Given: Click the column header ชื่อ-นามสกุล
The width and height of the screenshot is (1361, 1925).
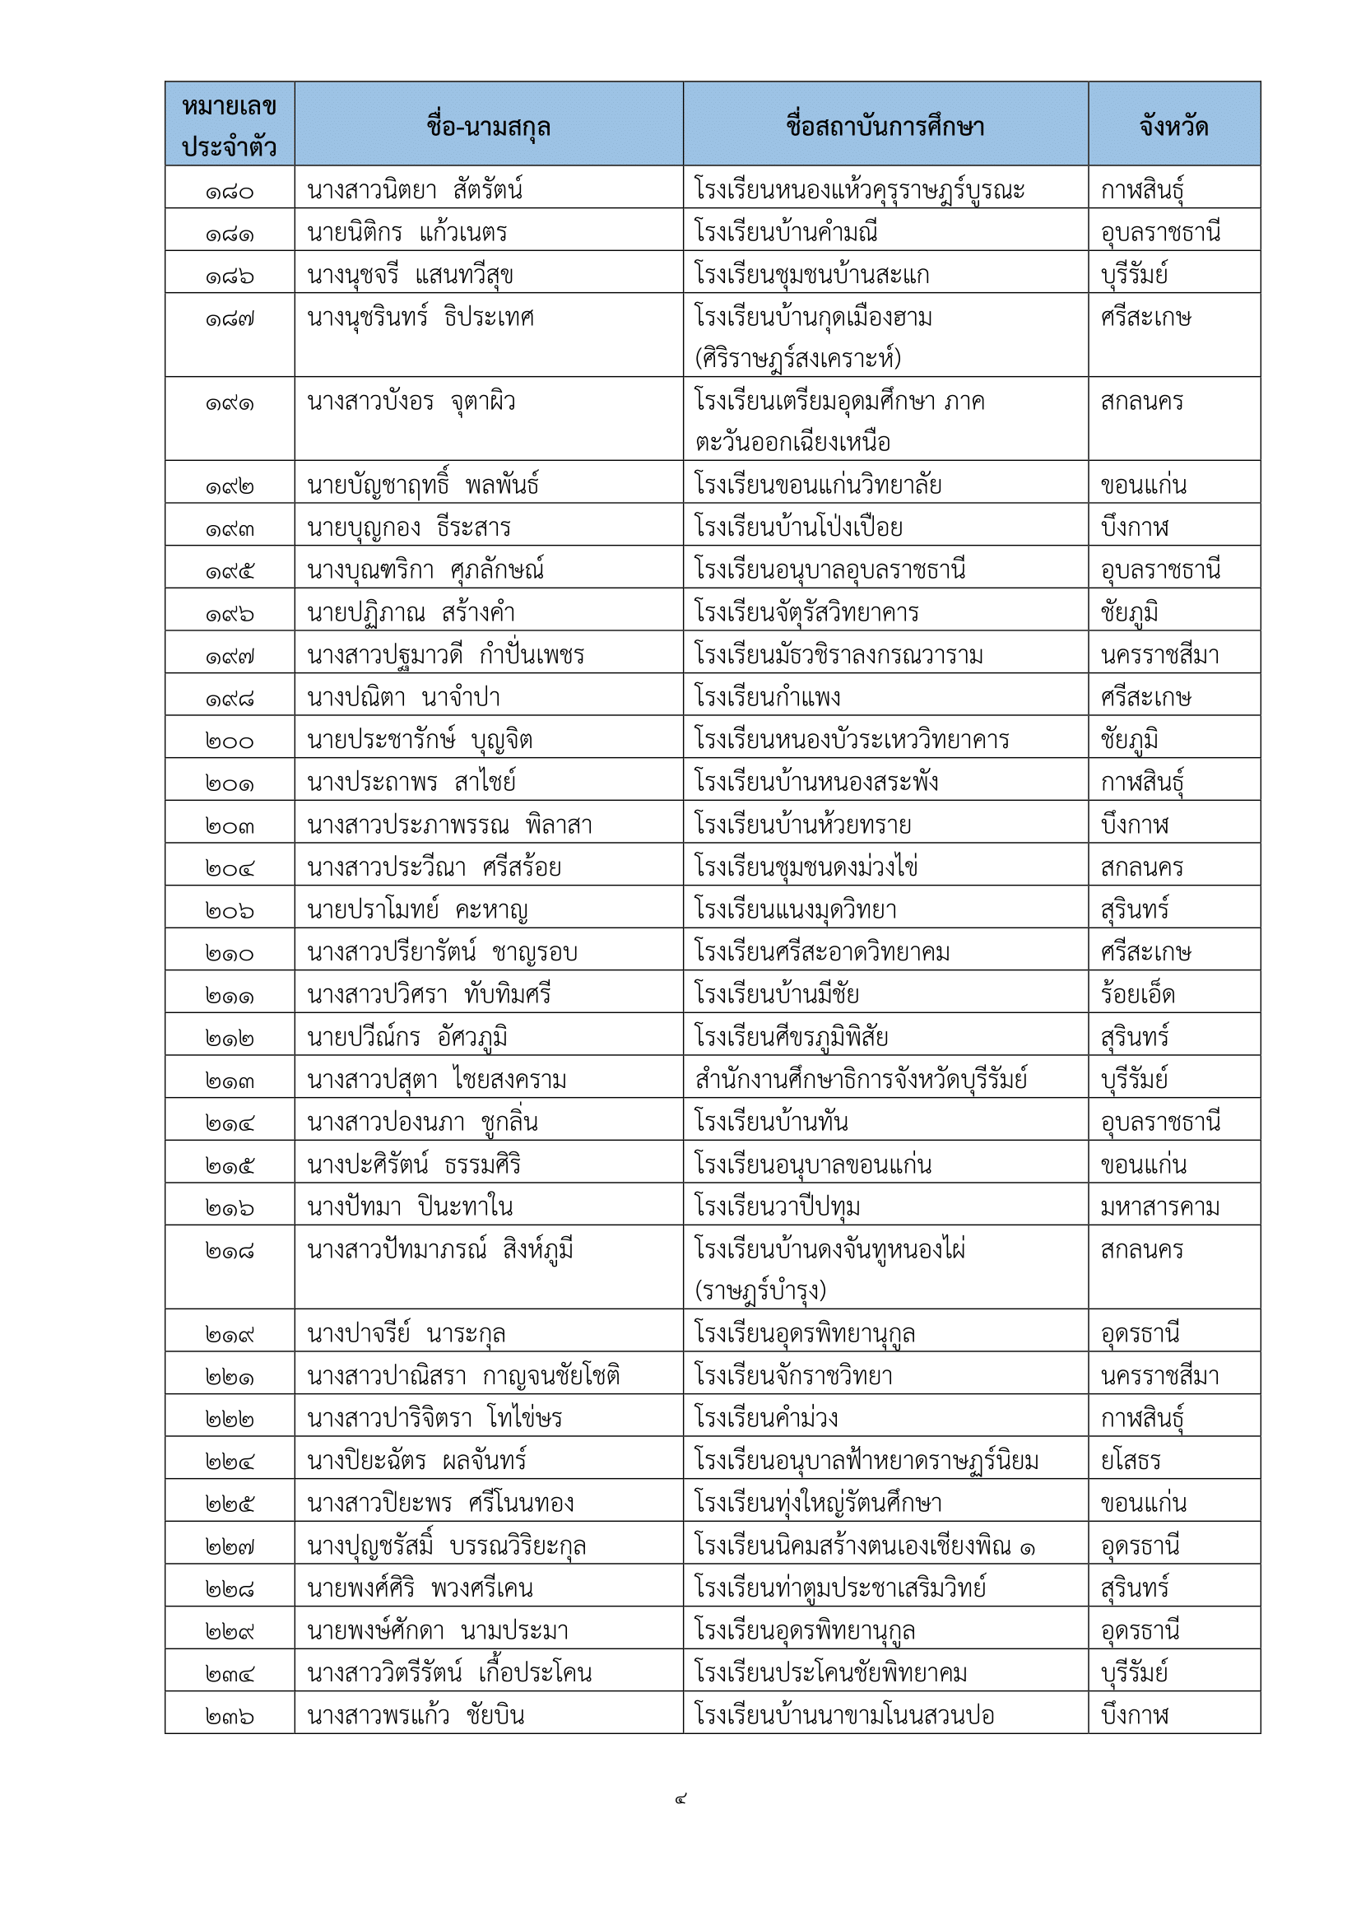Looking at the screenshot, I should pyautogui.click(x=488, y=127).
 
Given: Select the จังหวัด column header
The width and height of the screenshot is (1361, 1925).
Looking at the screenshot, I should pyautogui.click(x=1173, y=127).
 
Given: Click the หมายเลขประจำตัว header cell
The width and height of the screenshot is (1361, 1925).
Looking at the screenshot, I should pyautogui.click(x=229, y=127).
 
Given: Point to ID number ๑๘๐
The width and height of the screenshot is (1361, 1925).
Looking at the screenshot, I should pyautogui.click(x=229, y=192).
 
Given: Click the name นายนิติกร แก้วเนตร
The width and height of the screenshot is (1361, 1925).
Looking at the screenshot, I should pyautogui.click(x=406, y=232).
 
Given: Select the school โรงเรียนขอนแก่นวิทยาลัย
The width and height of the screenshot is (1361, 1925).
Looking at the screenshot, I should pyautogui.click(x=817, y=486).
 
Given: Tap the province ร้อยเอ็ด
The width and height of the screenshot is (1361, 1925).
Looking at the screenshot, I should pyautogui.click(x=1137, y=994).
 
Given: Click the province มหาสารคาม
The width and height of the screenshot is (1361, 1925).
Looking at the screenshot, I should pyautogui.click(x=1159, y=1207).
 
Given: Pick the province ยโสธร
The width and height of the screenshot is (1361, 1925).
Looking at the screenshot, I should pyautogui.click(x=1130, y=1462).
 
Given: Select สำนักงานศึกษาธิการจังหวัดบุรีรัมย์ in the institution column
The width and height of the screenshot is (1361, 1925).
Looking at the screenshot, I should pyautogui.click(x=861, y=1079).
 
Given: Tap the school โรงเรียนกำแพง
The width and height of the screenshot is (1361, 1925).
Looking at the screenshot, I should pyautogui.click(x=767, y=698).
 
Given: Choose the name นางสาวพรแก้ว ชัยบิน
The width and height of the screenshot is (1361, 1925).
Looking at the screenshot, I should pyautogui.click(x=415, y=1715).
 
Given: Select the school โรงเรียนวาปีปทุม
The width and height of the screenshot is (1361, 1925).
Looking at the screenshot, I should pyautogui.click(x=777, y=1207).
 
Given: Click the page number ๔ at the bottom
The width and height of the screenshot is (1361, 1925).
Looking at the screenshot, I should pyautogui.click(x=680, y=1798).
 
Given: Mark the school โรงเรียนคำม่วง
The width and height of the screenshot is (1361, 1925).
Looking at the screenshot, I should pyautogui.click(x=766, y=1419).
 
